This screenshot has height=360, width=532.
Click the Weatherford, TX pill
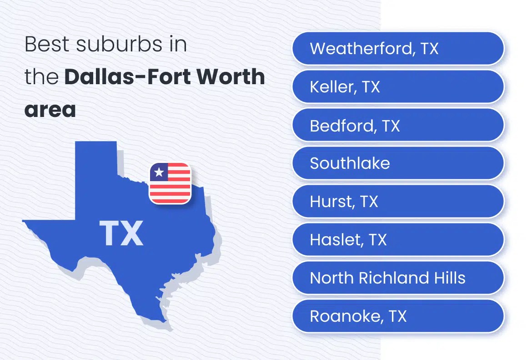(398, 48)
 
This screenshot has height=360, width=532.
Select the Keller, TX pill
(398, 86)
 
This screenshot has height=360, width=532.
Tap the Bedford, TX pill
(398, 125)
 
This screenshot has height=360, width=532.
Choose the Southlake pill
(398, 163)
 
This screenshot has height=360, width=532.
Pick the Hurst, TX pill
(398, 201)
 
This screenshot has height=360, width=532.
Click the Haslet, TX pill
(398, 239)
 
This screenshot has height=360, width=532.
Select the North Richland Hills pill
(398, 278)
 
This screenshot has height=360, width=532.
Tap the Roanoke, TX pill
(398, 316)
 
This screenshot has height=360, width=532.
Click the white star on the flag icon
(159, 172)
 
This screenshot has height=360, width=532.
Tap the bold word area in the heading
(50, 111)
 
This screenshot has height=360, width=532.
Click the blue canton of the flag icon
(159, 172)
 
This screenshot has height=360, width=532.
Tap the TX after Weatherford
(429, 48)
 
